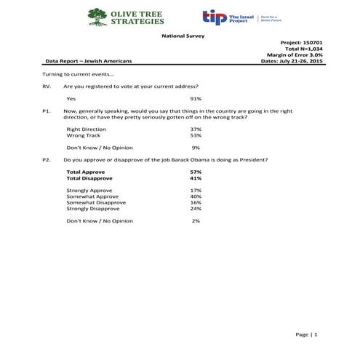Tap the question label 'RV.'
coord(47,87)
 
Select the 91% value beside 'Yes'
coord(195,98)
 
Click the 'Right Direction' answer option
coord(86,129)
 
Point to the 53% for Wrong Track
coord(195,135)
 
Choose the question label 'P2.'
coord(47,158)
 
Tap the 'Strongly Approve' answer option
coord(89,190)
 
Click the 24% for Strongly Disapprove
coord(195,208)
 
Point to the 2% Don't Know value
coord(195,220)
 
